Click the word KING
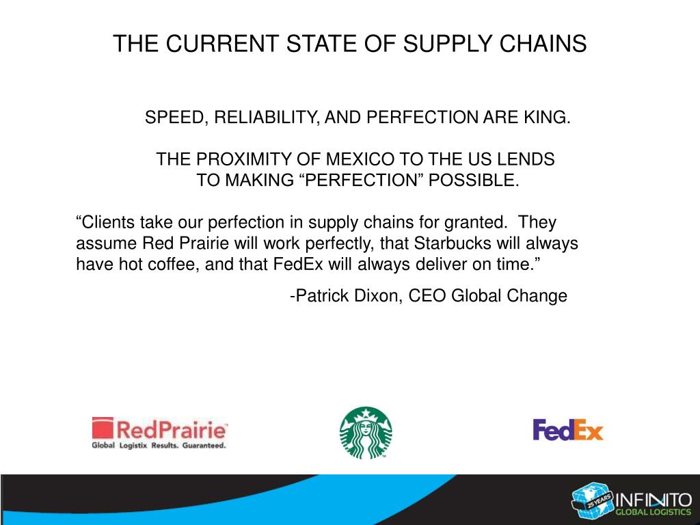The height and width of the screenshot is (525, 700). tap(547, 118)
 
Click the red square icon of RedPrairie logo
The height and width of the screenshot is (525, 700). tap(102, 429)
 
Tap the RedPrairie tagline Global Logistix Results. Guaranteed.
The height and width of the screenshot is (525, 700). tap(159, 445)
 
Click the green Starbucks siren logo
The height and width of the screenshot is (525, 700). tap(366, 433)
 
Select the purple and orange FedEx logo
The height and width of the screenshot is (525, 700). tap(568, 429)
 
